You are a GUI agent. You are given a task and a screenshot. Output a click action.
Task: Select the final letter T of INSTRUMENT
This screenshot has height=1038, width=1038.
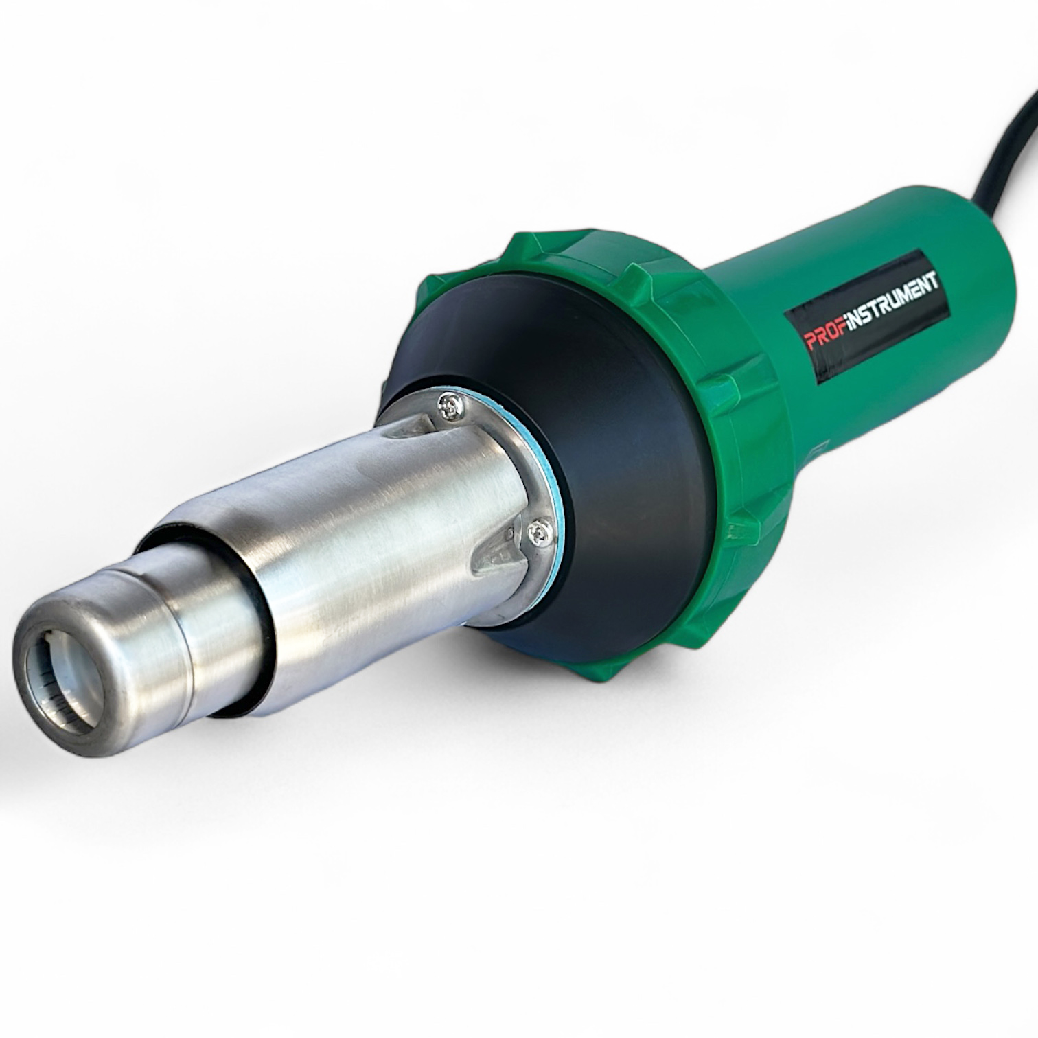(934, 279)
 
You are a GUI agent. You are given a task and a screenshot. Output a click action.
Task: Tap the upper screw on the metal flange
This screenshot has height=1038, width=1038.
(452, 406)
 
